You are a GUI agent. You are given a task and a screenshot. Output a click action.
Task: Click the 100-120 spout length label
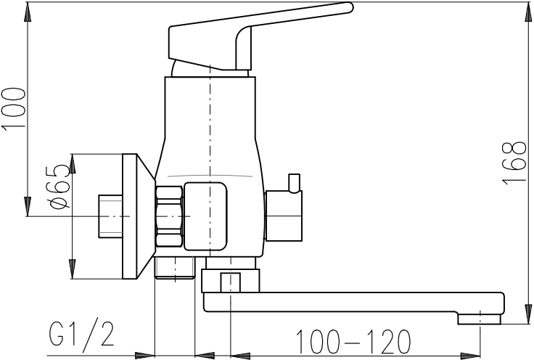(353, 341)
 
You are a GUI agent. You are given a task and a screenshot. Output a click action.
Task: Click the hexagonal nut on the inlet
(169, 216)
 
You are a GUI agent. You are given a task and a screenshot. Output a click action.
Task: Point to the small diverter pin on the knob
(295, 183)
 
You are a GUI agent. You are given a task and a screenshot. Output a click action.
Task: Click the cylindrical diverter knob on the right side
(284, 216)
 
